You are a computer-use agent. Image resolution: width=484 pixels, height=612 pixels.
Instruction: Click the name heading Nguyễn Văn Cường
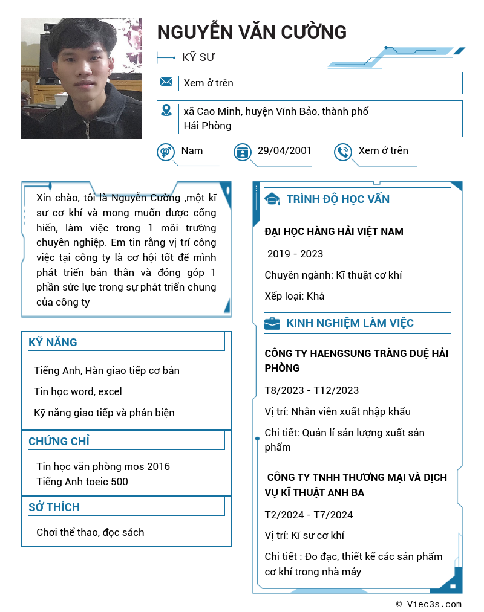click(252, 32)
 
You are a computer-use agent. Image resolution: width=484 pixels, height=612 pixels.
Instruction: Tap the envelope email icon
click(166, 82)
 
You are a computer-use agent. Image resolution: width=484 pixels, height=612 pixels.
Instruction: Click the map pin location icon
click(166, 111)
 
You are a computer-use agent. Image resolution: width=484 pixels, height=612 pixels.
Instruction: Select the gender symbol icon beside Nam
click(166, 152)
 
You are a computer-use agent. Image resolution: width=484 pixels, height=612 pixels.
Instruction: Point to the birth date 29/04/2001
click(284, 151)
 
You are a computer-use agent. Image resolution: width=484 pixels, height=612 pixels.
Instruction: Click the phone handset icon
click(343, 152)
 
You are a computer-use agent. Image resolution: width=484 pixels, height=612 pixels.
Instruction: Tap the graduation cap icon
click(272, 199)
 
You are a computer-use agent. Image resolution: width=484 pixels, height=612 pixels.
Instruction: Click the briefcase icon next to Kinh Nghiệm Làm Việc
click(272, 323)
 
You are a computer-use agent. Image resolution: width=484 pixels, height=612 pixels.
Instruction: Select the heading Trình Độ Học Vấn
click(338, 199)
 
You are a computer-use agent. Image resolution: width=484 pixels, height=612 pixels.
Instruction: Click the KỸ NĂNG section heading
click(53, 343)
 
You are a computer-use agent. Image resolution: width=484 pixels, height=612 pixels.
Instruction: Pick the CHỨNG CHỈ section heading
click(59, 442)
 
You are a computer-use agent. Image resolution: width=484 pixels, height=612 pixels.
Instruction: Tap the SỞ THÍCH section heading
click(54, 507)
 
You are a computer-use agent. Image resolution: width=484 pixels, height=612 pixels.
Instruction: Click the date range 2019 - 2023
click(295, 254)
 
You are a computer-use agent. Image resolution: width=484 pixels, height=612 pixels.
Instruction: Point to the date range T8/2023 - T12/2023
click(312, 390)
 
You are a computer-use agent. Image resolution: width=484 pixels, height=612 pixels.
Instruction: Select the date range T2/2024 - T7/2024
click(309, 515)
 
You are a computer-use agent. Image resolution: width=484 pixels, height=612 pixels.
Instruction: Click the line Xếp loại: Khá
click(294, 296)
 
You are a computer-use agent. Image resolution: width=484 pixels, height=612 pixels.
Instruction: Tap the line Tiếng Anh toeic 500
click(82, 482)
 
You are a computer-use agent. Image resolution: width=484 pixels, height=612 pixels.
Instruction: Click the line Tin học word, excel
click(78, 391)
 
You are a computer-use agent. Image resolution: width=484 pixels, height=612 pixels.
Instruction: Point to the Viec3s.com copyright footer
click(429, 604)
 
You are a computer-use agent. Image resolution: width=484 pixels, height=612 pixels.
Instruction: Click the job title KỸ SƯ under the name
click(198, 57)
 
